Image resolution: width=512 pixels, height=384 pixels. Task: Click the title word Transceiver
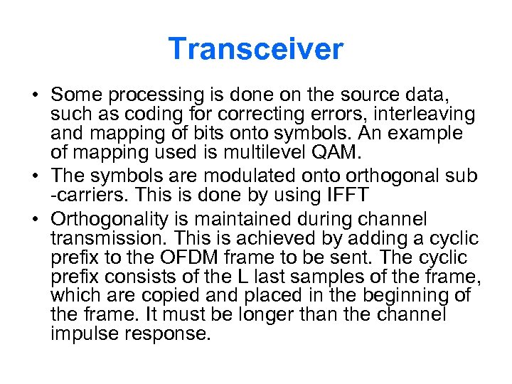coord(256,49)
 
